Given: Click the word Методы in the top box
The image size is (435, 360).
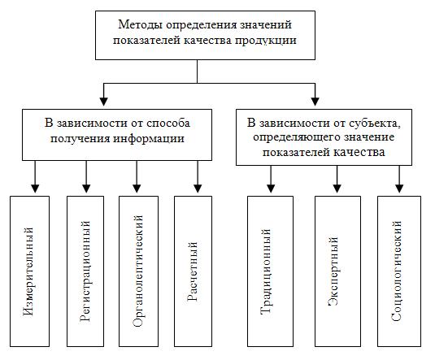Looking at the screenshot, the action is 141,24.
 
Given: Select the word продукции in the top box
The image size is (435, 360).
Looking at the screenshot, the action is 266,41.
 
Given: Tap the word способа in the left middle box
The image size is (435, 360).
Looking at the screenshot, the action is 167,123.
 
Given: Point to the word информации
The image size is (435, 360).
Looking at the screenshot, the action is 149,138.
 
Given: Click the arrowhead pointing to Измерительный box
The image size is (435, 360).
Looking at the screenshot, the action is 35,189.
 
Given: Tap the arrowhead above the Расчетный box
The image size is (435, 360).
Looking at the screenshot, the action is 198,189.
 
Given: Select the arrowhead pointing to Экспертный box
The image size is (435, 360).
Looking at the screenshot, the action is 337,189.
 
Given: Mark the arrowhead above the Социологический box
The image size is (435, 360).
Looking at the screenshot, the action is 399,189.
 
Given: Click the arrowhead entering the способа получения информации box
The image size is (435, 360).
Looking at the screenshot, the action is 104,102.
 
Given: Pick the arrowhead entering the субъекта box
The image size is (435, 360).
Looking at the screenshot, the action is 315,102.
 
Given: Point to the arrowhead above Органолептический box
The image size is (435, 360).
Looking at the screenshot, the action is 137,189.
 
